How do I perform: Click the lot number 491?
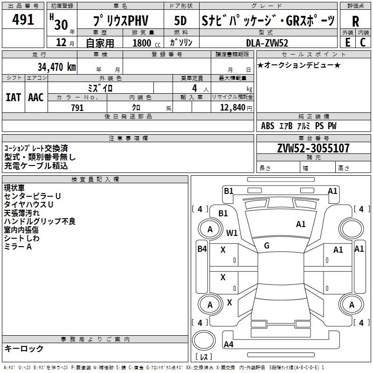pos(23,19)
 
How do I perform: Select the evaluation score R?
pos(355,21)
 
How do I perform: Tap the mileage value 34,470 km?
pos(56,67)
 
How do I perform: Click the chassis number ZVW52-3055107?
pos(313,148)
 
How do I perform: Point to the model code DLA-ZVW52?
pos(267,43)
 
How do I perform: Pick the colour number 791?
pos(77,108)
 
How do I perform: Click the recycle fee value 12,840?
pos(232,107)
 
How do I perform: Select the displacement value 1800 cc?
pos(146,43)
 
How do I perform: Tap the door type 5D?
pos(180,21)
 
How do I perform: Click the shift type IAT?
pos(13,97)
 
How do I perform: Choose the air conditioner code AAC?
pos(36,97)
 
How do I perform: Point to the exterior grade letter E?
pos(347,42)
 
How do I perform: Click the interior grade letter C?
pos(363,42)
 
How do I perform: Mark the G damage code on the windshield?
pos(267,246)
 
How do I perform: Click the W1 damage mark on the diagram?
pos(232,233)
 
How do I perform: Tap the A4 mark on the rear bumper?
pos(228,344)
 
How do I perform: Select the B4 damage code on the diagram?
pos(202,249)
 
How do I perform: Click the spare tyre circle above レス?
pos(204,340)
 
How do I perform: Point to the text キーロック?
pos(24,348)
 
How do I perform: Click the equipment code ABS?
pos(267,125)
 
